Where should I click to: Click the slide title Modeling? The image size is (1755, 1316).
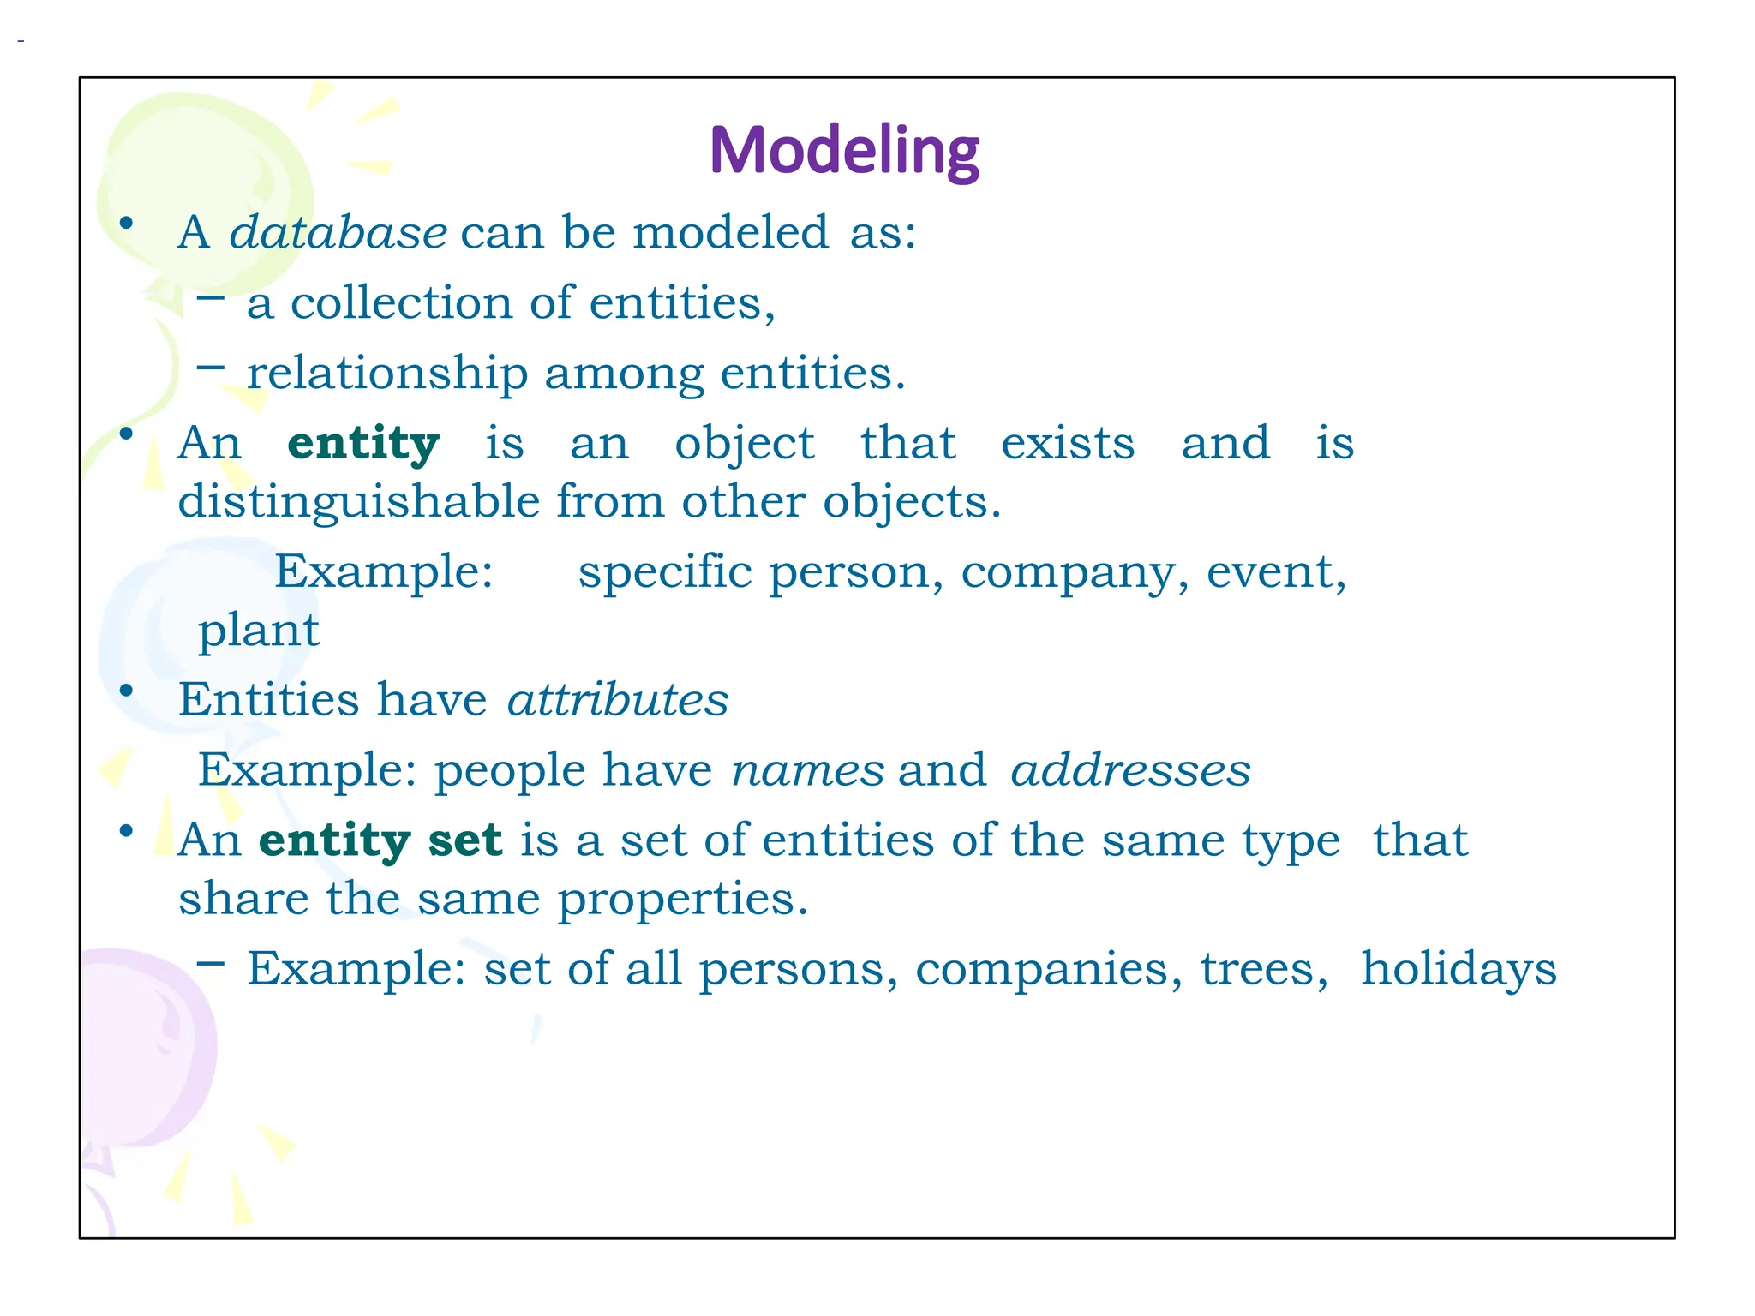[844, 151]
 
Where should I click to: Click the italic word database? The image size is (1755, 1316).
[338, 233]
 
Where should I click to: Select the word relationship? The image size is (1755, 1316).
[387, 374]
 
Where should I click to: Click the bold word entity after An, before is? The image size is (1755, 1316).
[363, 444]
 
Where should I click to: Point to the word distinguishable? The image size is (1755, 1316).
[359, 502]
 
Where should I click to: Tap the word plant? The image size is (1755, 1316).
[258, 631]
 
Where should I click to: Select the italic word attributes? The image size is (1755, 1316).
[617, 700]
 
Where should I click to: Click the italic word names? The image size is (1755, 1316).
[807, 770]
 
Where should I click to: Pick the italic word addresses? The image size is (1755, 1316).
[1130, 770]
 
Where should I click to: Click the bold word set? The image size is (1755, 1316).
[464, 840]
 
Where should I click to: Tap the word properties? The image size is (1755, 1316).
[683, 900]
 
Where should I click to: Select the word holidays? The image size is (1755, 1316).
[1459, 969]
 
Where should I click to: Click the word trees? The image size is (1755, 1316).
[1263, 970]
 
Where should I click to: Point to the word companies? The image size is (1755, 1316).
[1049, 970]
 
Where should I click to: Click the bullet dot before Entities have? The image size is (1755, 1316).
[126, 691]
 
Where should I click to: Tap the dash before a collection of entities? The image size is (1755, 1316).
[210, 298]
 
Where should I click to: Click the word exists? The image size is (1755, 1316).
[1068, 444]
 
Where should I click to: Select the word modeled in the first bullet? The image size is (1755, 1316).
[731, 233]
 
